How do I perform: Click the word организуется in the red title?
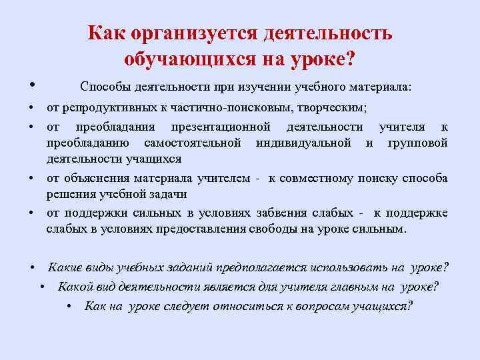tap(193, 34)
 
